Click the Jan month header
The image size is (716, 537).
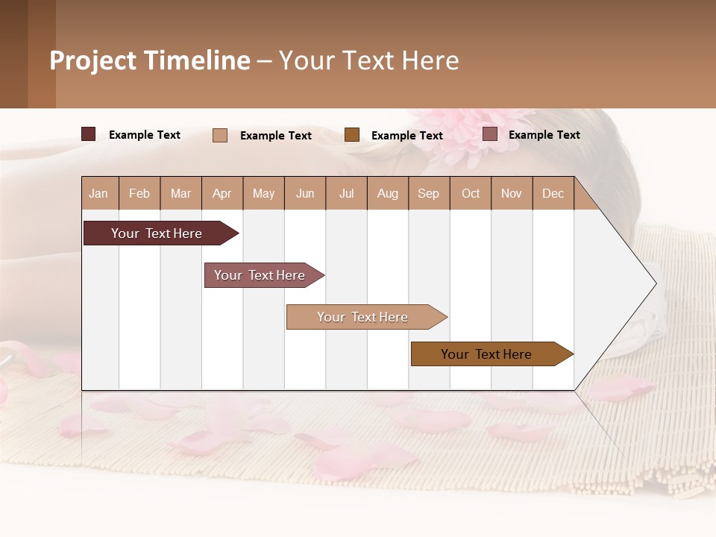pos(99,193)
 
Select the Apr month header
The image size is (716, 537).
pos(222,193)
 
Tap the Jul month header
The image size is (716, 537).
pos(346,193)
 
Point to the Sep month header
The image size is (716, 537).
pos(428,193)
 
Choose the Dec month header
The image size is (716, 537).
pos(553,193)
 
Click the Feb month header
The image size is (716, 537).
pos(139,193)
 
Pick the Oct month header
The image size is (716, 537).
pos(471,193)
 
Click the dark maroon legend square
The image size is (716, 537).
pos(89,134)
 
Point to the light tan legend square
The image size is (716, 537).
pos(220,135)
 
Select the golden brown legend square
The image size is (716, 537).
pos(352,135)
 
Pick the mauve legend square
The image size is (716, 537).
pos(490,134)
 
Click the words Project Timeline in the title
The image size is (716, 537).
pos(149,60)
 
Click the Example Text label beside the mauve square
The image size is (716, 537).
pos(544,135)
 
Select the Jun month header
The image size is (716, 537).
pos(305,193)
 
